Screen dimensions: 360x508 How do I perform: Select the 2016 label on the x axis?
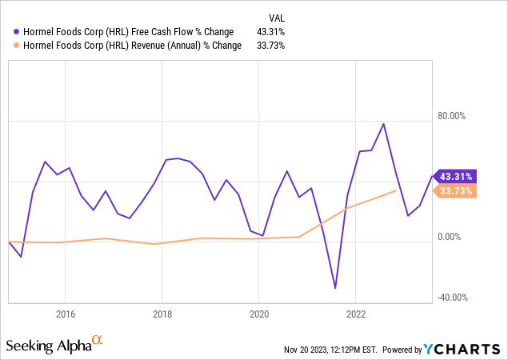coord(66,313)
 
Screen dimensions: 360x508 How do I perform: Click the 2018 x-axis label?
coord(162,313)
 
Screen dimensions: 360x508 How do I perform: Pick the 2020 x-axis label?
coord(259,313)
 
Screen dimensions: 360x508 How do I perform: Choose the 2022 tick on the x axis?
coord(356,313)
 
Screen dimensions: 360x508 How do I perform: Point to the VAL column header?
coord(276,17)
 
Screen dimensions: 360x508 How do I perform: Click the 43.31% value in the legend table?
coord(270,32)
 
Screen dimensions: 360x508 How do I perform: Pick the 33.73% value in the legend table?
coord(270,46)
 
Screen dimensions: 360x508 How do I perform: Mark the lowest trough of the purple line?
coord(335,288)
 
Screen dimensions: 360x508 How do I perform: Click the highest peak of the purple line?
coord(384,124)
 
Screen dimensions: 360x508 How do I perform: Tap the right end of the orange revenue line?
coord(397,190)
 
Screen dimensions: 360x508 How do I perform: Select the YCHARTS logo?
coord(465,349)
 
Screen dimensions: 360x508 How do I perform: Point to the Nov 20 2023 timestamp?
coord(327,350)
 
